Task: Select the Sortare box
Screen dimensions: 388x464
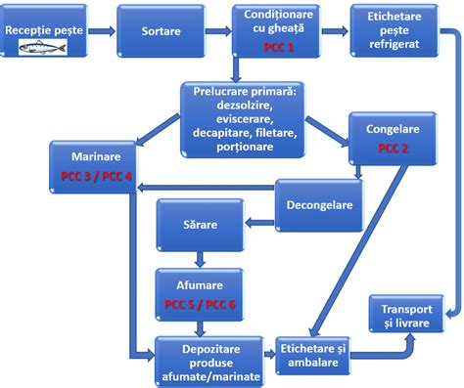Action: coord(159,30)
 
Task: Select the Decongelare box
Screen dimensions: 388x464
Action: coord(318,206)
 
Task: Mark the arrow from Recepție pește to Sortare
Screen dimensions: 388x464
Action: coord(104,30)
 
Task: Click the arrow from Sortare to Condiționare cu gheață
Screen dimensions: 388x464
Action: coord(217,30)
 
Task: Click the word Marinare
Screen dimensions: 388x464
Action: coord(95,155)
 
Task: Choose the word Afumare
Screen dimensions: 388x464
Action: coord(199,287)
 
